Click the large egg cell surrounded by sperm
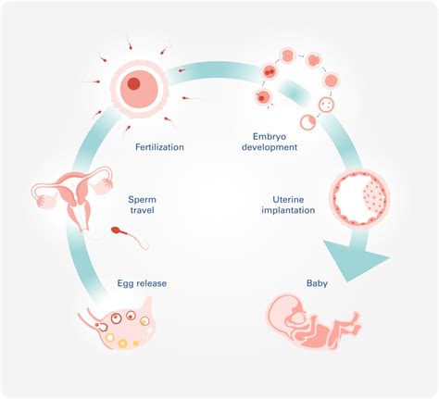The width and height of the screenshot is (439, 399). click(136, 88)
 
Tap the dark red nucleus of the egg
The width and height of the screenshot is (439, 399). click(134, 84)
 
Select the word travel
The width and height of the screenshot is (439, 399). click(143, 210)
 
